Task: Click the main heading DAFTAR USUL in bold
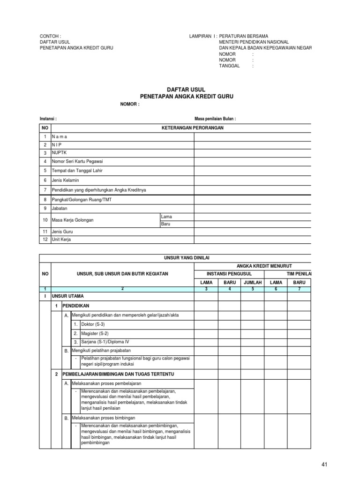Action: (186, 89)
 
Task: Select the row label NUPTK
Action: (59, 153)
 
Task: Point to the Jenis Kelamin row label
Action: (65, 180)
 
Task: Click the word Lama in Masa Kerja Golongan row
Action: (166, 217)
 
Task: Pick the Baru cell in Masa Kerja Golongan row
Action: (166, 224)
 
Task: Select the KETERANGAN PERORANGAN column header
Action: (187, 127)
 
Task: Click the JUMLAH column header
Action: (252, 283)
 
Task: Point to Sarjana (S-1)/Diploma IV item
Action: (105, 342)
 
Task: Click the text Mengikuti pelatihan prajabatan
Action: (100, 351)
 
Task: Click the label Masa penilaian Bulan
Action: (215, 119)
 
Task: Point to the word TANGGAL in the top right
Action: (229, 66)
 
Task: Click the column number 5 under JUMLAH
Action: (252, 289)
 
